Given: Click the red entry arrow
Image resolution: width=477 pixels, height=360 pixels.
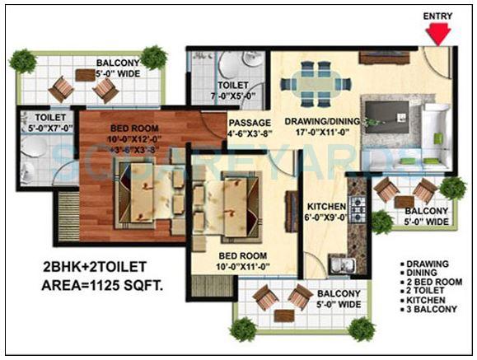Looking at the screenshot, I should [439, 34].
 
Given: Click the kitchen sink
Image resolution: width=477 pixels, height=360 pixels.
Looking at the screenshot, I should [339, 264].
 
